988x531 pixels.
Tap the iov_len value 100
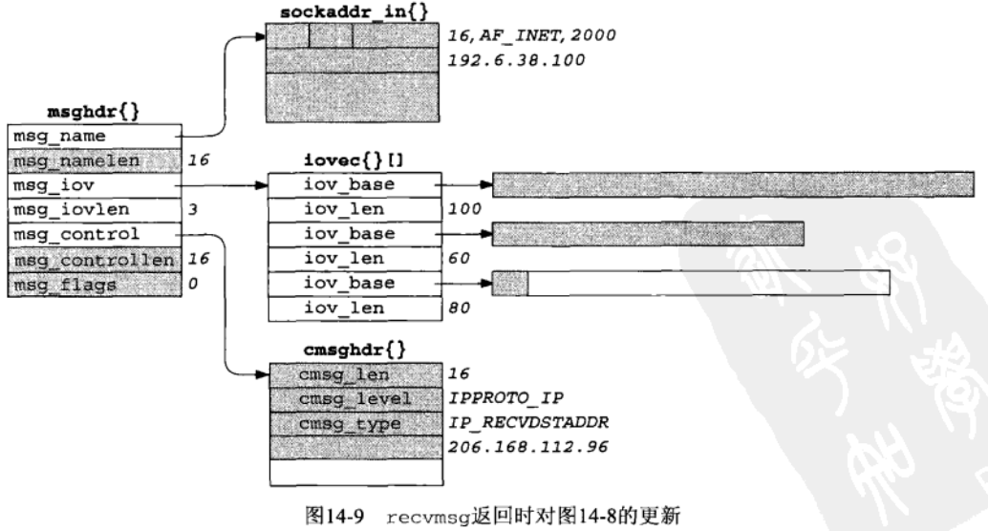point(463,209)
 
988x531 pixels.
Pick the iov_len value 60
point(460,258)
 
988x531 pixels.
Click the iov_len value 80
point(460,308)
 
